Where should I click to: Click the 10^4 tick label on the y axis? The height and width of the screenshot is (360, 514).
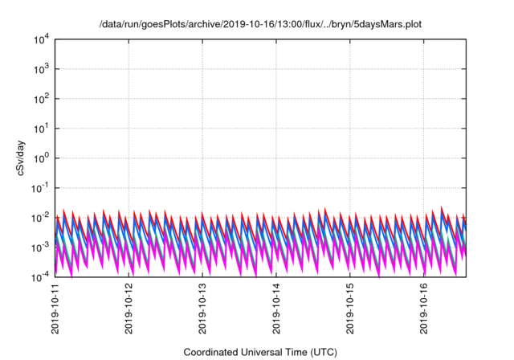coord(42,39)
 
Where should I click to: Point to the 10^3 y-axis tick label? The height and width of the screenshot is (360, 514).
coord(42,68)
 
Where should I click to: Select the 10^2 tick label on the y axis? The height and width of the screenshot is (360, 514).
coord(42,98)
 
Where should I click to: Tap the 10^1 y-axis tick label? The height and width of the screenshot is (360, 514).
coord(42,128)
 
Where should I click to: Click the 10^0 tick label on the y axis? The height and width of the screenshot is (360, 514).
coord(42,157)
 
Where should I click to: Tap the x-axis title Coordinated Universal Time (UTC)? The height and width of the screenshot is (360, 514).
coord(260,352)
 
